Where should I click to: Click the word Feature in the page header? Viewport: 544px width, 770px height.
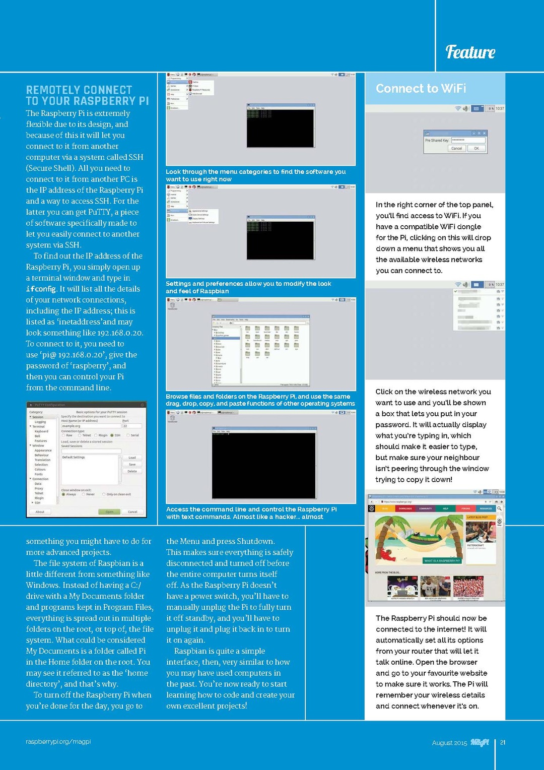point(470,52)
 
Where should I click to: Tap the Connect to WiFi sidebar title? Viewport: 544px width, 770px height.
point(421,89)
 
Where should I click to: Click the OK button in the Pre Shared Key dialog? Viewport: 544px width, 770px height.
point(476,149)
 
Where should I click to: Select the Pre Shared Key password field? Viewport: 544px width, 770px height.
point(468,140)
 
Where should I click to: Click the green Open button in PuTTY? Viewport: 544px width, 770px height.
point(109,511)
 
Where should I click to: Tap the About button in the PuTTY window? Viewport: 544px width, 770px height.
point(40,511)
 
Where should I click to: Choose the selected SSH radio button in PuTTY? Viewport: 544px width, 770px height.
point(112,435)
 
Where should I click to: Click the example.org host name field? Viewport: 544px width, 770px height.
point(91,426)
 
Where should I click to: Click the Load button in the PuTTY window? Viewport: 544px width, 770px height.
point(132,458)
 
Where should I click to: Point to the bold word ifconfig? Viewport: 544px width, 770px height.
point(41,289)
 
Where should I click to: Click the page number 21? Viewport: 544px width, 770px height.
point(503,742)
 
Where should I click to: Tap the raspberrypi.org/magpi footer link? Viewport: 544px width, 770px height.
point(58,742)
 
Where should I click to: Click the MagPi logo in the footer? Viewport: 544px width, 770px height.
point(480,742)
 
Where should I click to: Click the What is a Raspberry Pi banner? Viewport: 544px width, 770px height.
point(441,560)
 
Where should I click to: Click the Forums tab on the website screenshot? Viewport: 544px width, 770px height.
point(466,508)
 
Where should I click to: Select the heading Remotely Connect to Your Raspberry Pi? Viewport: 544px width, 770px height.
point(87,95)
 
